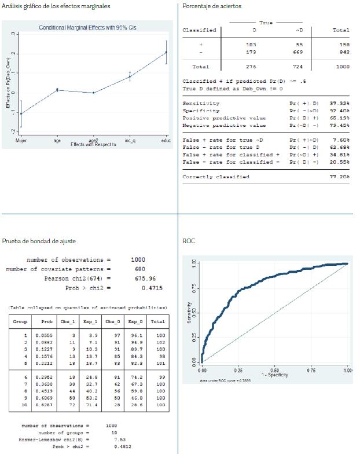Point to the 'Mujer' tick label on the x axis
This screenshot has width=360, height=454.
(21, 141)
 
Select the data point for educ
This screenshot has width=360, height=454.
(166, 52)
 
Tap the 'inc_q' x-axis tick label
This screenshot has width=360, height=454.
(130, 141)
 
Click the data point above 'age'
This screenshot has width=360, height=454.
(57, 90)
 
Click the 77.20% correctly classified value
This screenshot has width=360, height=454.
(340, 177)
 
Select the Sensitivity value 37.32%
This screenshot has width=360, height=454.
(340, 103)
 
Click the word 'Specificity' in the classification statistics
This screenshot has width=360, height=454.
(201, 111)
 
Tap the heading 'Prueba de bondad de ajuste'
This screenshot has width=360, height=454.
(34, 240)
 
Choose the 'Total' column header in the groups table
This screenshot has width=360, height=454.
(157, 321)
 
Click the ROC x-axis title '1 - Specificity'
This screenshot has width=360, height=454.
(275, 375)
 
